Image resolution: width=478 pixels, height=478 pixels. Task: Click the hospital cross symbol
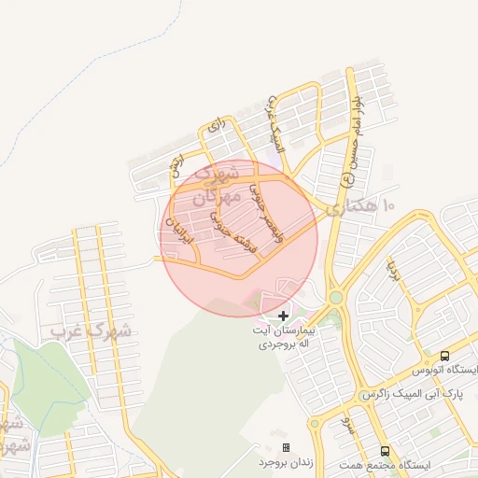pos(284,317)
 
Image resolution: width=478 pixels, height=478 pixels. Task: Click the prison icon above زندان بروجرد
pos(286,448)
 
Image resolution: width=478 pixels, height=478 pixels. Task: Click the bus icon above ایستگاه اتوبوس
pos(444,356)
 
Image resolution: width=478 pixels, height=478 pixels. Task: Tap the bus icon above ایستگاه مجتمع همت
pos(385,450)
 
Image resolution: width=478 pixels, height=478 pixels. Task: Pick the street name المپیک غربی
pos(274,119)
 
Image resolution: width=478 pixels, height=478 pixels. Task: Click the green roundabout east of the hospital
pos(335,297)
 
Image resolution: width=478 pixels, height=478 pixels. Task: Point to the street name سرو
pos(347,427)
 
